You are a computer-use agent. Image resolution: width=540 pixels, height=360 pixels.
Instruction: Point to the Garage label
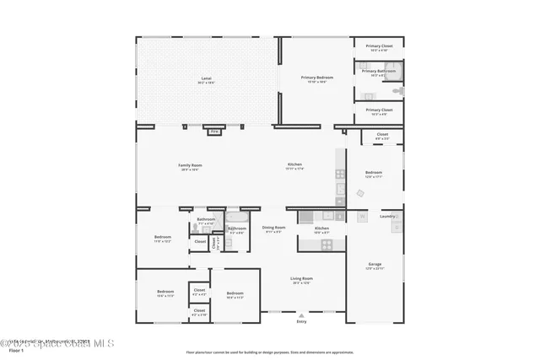pos(375,266)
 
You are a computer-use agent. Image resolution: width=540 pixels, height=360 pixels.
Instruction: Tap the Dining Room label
pos(273,228)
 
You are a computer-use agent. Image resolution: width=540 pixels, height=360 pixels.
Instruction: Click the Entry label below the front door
pos(301,321)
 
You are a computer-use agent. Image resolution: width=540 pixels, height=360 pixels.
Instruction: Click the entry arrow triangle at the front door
pos(301,314)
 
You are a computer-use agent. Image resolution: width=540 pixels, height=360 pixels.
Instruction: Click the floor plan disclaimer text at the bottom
pos(269,352)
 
